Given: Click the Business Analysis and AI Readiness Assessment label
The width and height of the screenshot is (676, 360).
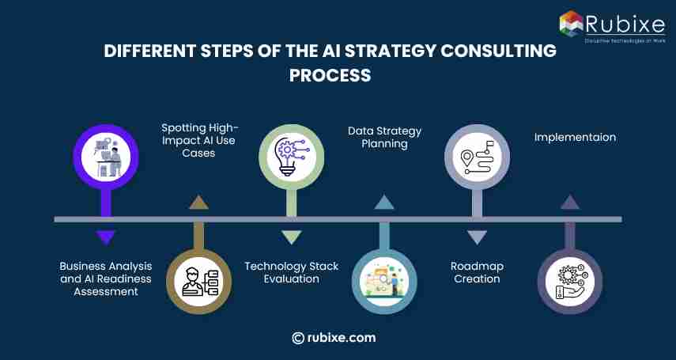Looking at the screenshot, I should click(x=106, y=279).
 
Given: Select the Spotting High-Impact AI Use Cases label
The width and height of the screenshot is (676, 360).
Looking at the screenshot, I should click(x=199, y=139).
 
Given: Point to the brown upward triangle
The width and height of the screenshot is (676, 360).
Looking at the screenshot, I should click(x=198, y=202).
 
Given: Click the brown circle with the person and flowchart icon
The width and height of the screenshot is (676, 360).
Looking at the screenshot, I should click(x=198, y=277).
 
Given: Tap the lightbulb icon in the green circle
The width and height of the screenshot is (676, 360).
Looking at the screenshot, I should click(x=291, y=156).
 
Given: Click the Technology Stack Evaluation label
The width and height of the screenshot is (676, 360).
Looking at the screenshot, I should click(x=291, y=272).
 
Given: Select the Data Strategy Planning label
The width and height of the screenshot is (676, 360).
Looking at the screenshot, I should click(x=385, y=137).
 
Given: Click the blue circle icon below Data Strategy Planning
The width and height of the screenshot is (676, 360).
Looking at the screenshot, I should click(x=383, y=278).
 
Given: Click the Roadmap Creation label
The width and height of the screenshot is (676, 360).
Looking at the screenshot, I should click(x=477, y=272).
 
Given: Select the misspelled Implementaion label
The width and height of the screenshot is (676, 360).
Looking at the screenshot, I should click(x=575, y=137).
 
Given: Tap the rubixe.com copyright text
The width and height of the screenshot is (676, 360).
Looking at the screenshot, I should click(x=334, y=338).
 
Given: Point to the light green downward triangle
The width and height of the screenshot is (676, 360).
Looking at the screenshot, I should click(x=291, y=237).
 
